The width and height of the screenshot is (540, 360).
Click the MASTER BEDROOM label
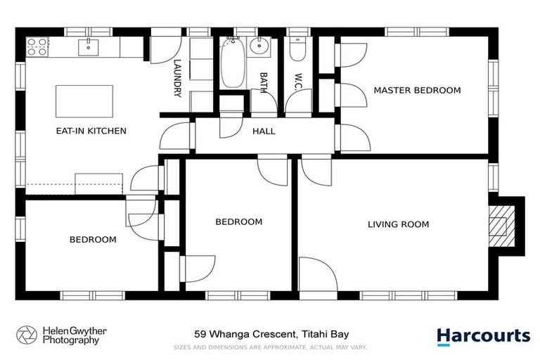pos(417,91)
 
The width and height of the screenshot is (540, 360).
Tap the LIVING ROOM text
pos(398,225)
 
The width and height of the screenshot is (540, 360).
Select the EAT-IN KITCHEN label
pos(91,131)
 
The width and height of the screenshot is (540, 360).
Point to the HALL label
pos(264,131)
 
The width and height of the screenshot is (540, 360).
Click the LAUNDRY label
pos(178,77)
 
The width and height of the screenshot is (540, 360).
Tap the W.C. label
pos(298,81)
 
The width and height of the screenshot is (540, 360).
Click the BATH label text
pos(264,82)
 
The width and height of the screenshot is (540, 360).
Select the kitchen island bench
pos(84,100)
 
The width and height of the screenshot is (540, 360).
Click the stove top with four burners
pos(37,47)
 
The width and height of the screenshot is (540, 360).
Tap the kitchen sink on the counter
pos(89,46)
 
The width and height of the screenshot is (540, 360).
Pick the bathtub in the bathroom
pos(231,63)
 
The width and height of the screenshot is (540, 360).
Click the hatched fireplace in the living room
pos(501,225)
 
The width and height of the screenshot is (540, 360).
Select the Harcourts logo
pos(483,336)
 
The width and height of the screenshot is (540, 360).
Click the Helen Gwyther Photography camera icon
pos(26,335)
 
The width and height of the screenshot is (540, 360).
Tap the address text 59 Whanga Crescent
pos(271,335)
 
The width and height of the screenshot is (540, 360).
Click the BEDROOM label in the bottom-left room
pos(93,240)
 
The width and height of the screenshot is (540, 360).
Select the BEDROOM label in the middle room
pos(238,222)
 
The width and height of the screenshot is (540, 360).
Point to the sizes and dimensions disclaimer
pos(270,347)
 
